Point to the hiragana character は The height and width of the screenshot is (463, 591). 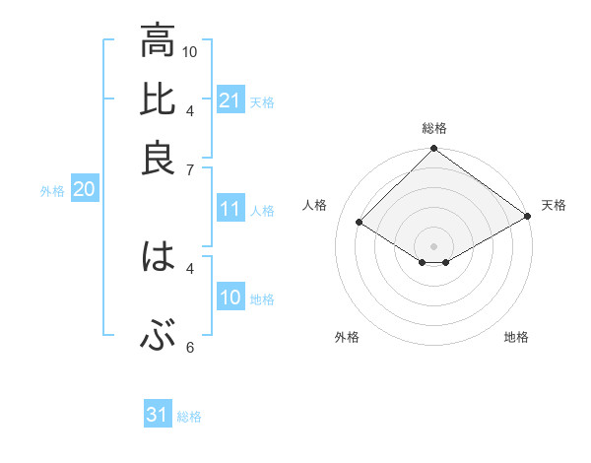(158, 257)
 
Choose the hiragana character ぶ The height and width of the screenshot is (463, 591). (158, 337)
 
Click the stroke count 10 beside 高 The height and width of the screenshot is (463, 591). (190, 50)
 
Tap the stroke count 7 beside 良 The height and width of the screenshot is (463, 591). (190, 168)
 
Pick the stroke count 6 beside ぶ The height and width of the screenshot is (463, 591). (190, 347)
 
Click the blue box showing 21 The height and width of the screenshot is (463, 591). (230, 100)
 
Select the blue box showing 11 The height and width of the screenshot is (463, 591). (230, 209)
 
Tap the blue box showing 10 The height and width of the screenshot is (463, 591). (230, 298)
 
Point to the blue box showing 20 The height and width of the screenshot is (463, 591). (84, 190)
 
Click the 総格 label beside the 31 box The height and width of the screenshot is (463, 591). (189, 417)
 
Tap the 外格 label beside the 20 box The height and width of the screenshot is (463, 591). (51, 192)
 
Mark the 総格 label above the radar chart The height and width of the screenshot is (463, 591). (433, 128)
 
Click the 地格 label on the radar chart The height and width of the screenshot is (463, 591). (516, 338)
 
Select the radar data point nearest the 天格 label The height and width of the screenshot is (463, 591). (529, 217)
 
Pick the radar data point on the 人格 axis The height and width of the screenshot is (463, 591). (360, 224)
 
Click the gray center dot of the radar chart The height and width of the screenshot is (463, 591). (433, 245)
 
